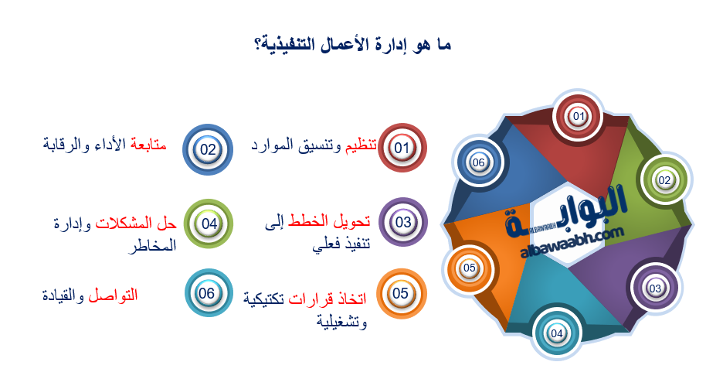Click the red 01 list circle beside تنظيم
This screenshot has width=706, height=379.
pyautogui.click(x=402, y=148)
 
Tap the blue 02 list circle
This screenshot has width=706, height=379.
pyautogui.click(x=208, y=149)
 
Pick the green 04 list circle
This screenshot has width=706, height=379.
pyautogui.click(x=209, y=224)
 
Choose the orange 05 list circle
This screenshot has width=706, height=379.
pyautogui.click(x=400, y=294)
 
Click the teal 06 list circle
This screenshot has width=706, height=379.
pyautogui.click(x=207, y=294)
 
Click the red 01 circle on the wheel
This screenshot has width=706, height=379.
pyautogui.click(x=579, y=116)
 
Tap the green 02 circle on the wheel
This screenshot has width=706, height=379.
pyautogui.click(x=664, y=180)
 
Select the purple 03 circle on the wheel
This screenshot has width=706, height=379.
pyautogui.click(x=654, y=289)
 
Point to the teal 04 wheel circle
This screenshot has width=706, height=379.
pyautogui.click(x=557, y=333)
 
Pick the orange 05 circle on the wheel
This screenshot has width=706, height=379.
pyautogui.click(x=469, y=268)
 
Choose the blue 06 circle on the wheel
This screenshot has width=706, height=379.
pyautogui.click(x=479, y=162)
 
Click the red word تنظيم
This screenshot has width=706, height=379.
pyautogui.click(x=361, y=145)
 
